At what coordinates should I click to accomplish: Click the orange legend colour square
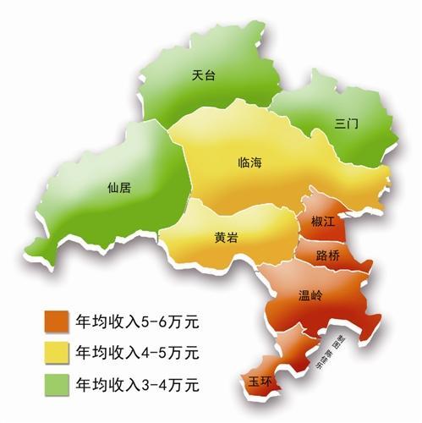pyautogui.click(x=58, y=323)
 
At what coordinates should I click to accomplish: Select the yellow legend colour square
pyautogui.click(x=58, y=353)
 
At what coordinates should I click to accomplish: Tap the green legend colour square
pyautogui.click(x=58, y=383)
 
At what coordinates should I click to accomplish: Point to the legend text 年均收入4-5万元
pyautogui.click(x=136, y=352)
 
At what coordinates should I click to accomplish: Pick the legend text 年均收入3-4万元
pyautogui.click(x=136, y=383)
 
